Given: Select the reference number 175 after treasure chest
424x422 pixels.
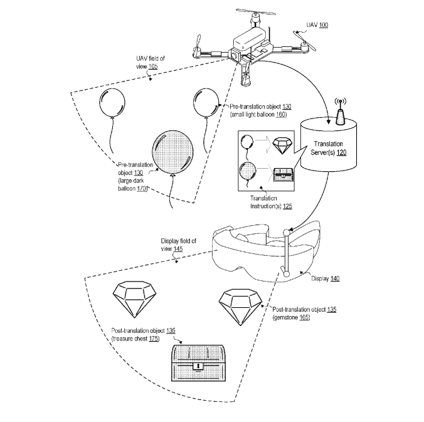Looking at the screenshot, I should (x=152, y=339).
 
